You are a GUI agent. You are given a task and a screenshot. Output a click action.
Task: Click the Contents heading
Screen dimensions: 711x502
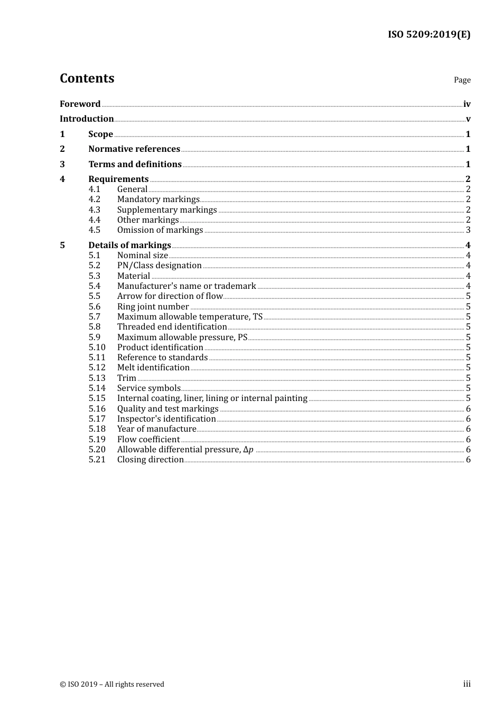coord(87,78)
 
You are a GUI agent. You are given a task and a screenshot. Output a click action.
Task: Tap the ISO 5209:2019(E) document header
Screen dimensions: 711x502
coord(429,34)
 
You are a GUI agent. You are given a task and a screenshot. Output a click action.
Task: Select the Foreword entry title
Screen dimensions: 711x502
coord(80,104)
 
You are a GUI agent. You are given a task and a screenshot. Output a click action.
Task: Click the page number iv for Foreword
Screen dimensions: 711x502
coord(467,104)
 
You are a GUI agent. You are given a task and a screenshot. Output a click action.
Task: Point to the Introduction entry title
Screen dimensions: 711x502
coord(87,118)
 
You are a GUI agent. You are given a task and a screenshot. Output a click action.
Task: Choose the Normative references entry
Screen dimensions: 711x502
coord(134,149)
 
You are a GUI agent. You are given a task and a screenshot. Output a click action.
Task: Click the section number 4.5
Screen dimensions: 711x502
coord(95,230)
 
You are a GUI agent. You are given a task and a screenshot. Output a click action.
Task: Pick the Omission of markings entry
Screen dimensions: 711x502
coord(160,230)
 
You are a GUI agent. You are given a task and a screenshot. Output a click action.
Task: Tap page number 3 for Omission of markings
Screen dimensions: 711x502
coord(468,230)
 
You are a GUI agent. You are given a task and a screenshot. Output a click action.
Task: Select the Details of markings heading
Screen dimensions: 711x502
coord(129,245)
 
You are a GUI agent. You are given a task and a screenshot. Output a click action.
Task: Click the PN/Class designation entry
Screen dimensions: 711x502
coord(159,265)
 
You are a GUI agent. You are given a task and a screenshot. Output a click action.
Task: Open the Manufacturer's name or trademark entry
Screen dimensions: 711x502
coord(187,286)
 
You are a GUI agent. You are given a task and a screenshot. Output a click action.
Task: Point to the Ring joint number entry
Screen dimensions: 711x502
coord(153,306)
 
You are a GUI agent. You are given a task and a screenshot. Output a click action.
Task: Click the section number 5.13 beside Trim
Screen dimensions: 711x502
coord(97,378)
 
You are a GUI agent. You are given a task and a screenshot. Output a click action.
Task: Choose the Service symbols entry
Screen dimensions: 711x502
coord(148,388)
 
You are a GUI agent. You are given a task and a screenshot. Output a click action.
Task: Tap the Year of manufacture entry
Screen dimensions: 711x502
coord(156,429)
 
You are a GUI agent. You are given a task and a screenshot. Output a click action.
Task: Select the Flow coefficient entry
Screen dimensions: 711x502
coord(148,439)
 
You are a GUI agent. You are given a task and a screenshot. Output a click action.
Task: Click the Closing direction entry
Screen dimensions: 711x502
coord(150,459)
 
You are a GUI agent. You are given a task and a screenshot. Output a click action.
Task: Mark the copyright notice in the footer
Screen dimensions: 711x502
coord(112,684)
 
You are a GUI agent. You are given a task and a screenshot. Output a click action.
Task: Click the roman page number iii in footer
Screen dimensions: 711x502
coord(467,683)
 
